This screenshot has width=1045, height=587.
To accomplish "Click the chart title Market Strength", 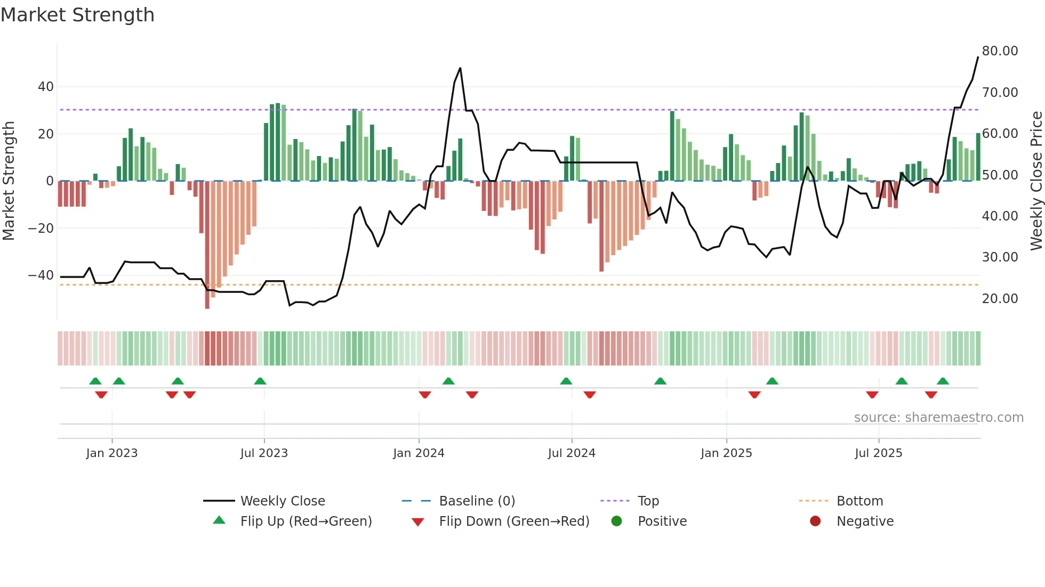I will tap(77, 15).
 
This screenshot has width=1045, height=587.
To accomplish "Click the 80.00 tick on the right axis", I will tap(1000, 51).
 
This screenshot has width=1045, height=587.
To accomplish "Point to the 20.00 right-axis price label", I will tap(1000, 299).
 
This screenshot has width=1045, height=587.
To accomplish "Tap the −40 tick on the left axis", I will tap(41, 275).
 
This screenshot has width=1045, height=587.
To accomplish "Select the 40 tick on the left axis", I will tap(46, 87).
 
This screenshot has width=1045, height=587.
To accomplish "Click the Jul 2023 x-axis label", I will tap(264, 453).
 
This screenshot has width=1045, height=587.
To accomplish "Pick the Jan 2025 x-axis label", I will tap(726, 453).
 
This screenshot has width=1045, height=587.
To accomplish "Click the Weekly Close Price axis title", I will tap(1036, 181).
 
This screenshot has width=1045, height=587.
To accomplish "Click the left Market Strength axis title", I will tap(9, 181).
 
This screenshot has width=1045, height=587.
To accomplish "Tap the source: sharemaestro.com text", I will tap(938, 418).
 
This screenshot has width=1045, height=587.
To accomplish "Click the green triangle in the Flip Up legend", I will tap(219, 520).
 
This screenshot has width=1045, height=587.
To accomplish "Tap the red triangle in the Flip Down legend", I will tap(418, 522).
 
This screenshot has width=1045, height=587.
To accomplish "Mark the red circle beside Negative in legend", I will tap(815, 521).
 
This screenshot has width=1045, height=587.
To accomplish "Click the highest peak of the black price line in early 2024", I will tap(460, 68).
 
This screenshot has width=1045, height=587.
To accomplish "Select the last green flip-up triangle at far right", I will tap(943, 381).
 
